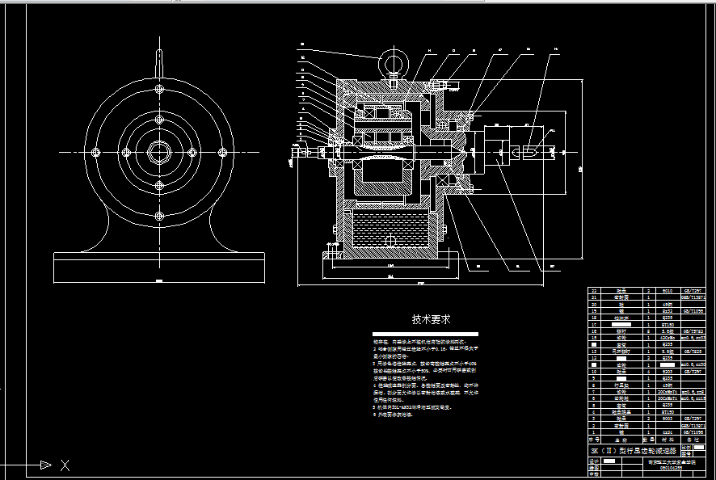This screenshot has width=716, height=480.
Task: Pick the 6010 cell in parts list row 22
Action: tap(667, 290)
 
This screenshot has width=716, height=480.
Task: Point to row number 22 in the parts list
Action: tap(595, 290)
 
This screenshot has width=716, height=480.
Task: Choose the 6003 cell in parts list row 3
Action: tap(667, 419)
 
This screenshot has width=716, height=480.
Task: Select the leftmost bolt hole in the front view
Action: tap(95, 152)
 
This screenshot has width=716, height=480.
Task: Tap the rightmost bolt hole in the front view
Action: tap(223, 152)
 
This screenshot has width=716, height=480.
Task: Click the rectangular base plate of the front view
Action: tap(158, 267)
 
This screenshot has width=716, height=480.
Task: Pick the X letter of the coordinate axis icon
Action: tap(65, 465)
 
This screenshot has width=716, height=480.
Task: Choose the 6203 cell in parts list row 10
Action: tap(667, 372)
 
